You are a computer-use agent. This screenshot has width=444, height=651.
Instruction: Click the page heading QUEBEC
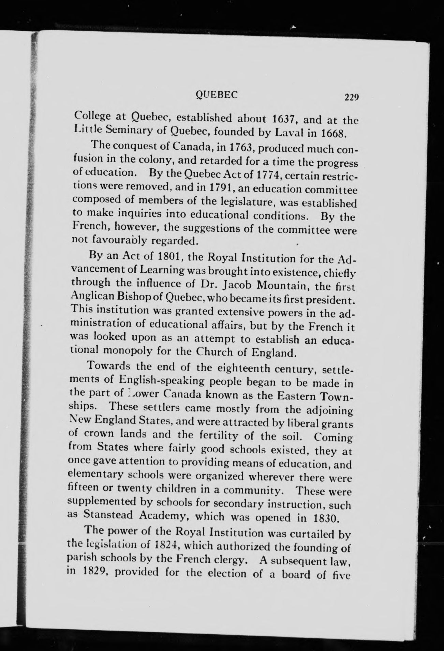(214, 95)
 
